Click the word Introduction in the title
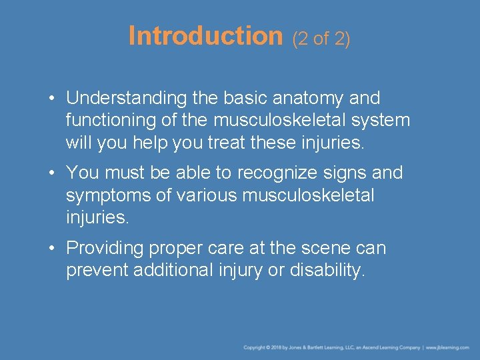(205, 36)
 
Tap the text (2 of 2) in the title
(321, 39)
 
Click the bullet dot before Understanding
(51, 99)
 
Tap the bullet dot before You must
(51, 173)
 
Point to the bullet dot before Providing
(51, 249)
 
